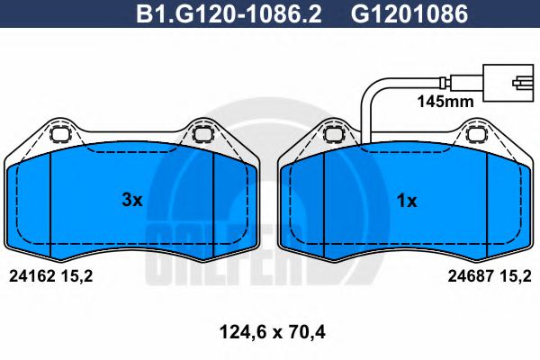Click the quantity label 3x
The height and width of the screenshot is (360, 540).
pyautogui.click(x=132, y=201)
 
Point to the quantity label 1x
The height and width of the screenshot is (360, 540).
pyautogui.click(x=407, y=201)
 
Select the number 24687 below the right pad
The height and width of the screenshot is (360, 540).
pyautogui.click(x=469, y=278)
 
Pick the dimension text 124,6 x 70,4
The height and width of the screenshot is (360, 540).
pyautogui.click(x=270, y=334)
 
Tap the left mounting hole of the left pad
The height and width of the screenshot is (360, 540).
pyautogui.click(x=61, y=136)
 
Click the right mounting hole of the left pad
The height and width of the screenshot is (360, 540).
pyautogui.click(x=202, y=136)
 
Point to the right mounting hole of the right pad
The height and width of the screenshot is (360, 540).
pyautogui.click(x=476, y=136)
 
